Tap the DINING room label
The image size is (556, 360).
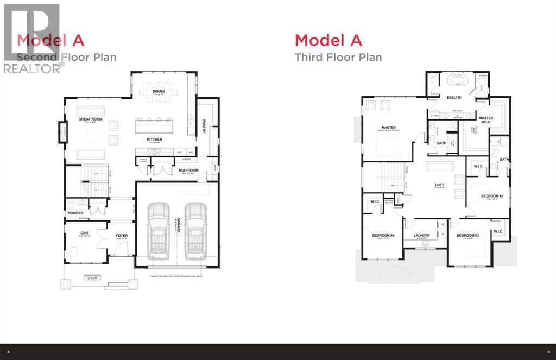(x=159, y=92)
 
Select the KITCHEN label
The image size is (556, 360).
(x=154, y=140)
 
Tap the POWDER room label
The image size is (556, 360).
(x=75, y=213)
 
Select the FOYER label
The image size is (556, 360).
(x=121, y=236)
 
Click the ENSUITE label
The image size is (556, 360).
(x=454, y=98)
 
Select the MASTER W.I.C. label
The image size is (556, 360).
(x=486, y=119)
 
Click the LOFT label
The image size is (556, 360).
(x=440, y=184)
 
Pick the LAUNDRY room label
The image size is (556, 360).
(x=422, y=236)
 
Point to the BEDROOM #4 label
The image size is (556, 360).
(x=382, y=236)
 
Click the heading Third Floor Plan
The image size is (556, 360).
(x=338, y=57)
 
